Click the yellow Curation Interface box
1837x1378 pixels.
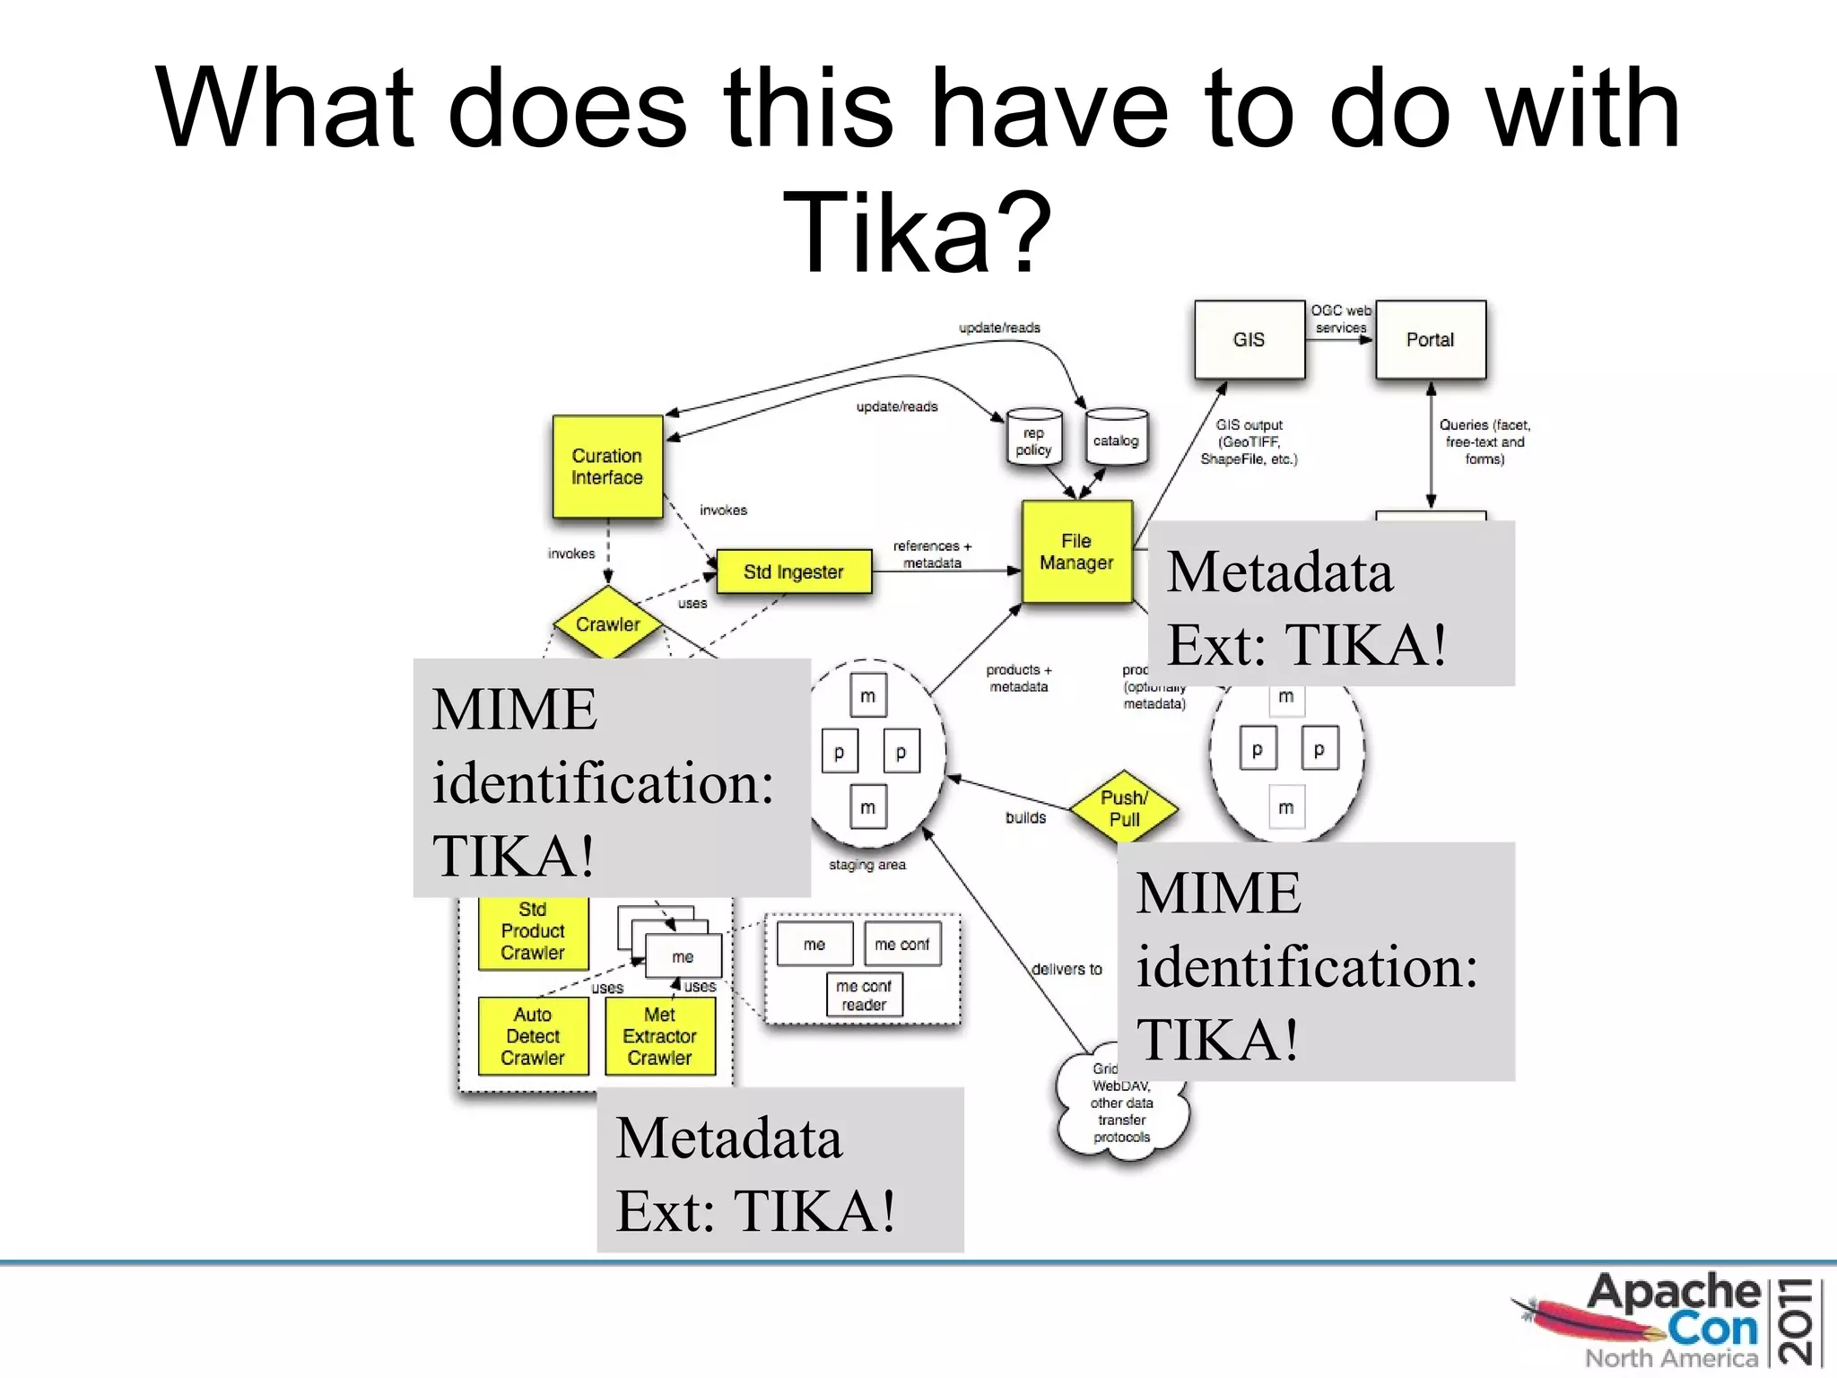pos(607,467)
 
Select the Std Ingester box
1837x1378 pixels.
pos(794,571)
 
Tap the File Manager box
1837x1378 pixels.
pos(1076,552)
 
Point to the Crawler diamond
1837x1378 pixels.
pos(608,624)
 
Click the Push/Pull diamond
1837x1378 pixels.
pos(1124,807)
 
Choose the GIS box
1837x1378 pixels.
pos(1249,339)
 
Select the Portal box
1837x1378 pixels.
pos(1430,339)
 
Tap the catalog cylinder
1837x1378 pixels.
pos(1116,440)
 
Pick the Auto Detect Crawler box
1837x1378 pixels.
pos(533,1036)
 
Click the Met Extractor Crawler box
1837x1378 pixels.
pos(660,1036)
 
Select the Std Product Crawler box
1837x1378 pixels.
pos(533,933)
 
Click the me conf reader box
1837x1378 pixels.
pos(864,995)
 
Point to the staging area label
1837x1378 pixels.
pos(867,865)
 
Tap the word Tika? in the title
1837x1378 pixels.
pos(917,231)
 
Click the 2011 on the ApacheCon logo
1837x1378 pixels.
pos(1800,1321)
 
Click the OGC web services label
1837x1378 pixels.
pos(1341,318)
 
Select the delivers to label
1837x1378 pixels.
pos(1067,969)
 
